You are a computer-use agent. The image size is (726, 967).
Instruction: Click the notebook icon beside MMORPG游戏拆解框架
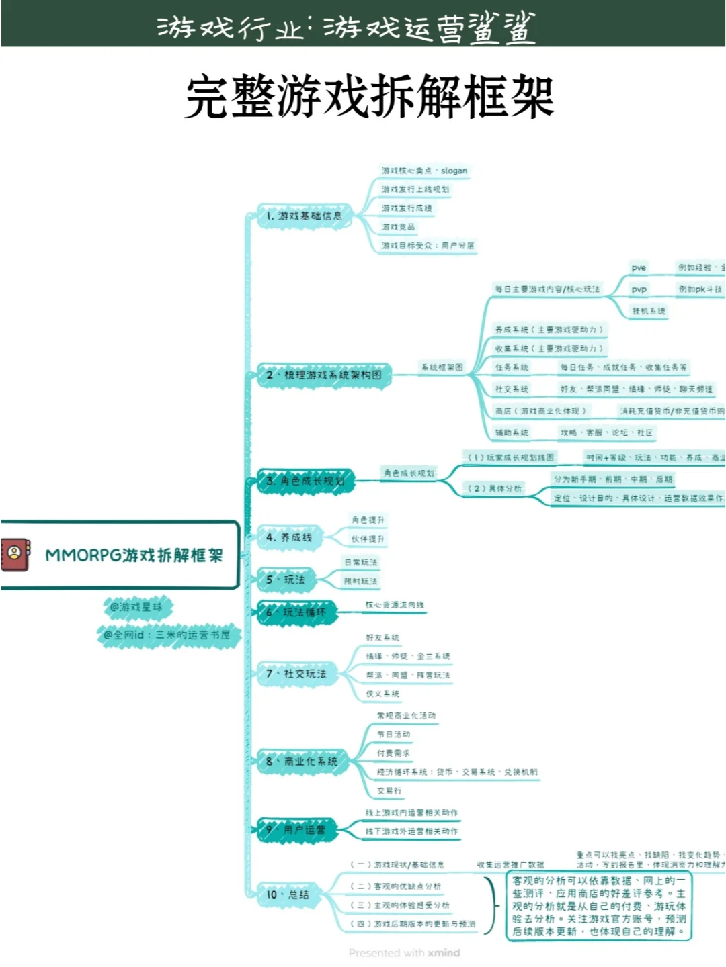coord(15,554)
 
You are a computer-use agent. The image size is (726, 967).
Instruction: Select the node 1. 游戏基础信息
coord(304,216)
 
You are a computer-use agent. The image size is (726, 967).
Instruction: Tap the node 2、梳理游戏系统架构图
coord(324,375)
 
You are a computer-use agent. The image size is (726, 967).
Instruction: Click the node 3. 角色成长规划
coord(305,481)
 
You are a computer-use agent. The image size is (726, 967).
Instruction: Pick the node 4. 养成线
coord(289,537)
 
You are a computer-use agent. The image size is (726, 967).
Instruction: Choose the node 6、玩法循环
coord(296,612)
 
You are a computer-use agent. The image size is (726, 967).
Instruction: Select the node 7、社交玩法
coord(296,674)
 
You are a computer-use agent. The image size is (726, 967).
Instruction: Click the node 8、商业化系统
coord(302,762)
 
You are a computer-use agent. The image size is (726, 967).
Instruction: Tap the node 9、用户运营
coord(296,830)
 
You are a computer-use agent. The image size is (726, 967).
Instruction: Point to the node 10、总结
coord(288,894)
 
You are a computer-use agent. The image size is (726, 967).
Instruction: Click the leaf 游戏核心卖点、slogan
coord(424,171)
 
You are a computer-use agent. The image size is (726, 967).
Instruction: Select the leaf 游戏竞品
coord(398,227)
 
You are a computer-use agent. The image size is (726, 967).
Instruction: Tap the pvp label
coord(639,289)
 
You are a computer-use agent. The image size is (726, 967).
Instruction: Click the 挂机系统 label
coord(649,311)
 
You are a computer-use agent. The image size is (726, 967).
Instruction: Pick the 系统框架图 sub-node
coord(442,367)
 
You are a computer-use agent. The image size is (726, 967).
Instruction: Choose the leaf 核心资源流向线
coord(395,605)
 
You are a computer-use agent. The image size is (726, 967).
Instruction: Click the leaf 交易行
coord(389,791)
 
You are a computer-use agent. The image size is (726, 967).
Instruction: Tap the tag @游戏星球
coord(136,607)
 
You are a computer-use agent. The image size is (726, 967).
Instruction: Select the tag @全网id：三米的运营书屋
coord(167,635)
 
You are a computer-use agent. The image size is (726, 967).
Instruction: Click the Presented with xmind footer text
coord(404,953)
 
